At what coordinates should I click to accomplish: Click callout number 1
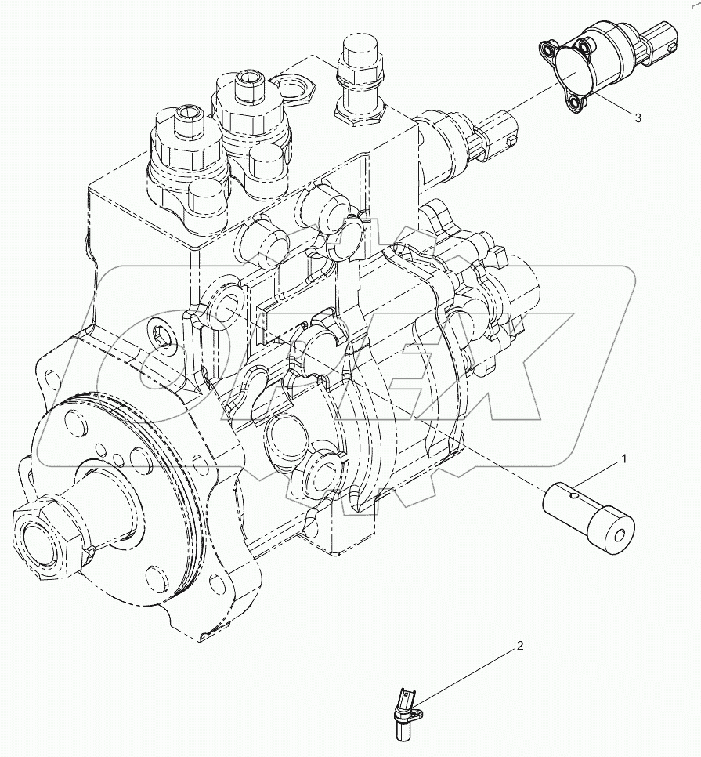[x=624, y=457]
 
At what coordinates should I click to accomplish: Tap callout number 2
[x=518, y=647]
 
